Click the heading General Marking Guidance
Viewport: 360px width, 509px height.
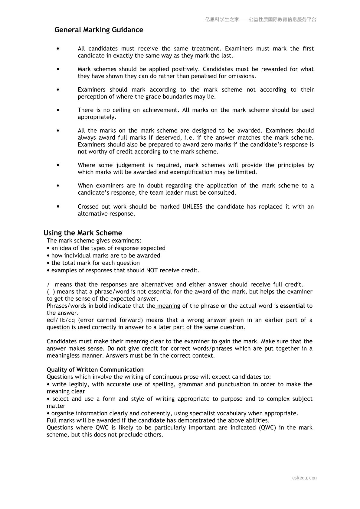(x=99, y=30)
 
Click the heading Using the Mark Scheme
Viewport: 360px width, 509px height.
(x=83, y=233)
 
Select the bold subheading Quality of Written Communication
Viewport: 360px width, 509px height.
(x=95, y=370)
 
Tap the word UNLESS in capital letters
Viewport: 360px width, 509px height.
(x=192, y=207)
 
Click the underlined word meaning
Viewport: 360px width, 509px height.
(x=169, y=306)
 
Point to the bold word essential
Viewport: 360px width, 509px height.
(x=292, y=306)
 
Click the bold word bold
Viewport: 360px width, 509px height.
(x=101, y=306)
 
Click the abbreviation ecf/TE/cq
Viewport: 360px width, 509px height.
(x=61, y=320)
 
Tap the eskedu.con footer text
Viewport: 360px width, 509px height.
(x=304, y=478)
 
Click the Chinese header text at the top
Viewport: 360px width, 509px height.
(x=260, y=20)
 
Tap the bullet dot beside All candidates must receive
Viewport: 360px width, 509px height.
(x=58, y=49)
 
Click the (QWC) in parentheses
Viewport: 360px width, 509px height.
(x=267, y=428)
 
